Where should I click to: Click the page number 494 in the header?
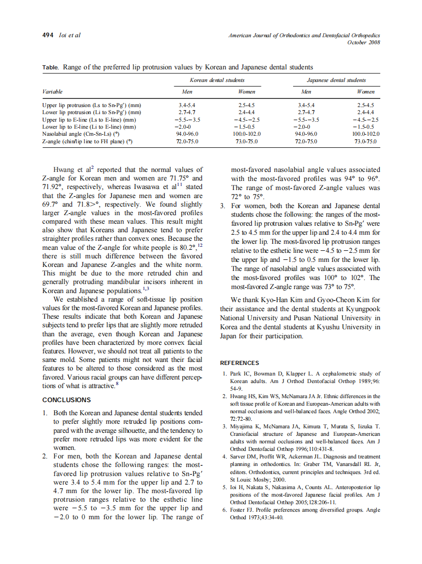pyautogui.click(x=48, y=35)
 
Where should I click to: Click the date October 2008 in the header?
pyautogui.click(x=364, y=42)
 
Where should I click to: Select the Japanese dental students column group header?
pyautogui.click(x=336, y=80)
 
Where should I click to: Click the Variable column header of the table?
pyautogui.click(x=53, y=92)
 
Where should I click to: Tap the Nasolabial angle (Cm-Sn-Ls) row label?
pyautogui.click(x=83, y=134)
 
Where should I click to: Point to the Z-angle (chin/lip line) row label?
pyautogui.click(x=87, y=142)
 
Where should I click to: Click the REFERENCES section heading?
pyautogui.click(x=240, y=363)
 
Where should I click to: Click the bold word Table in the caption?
pyautogui.click(x=50, y=67)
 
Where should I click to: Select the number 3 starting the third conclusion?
pyautogui.click(x=223, y=206)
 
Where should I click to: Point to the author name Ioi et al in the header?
pyautogui.click(x=70, y=35)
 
